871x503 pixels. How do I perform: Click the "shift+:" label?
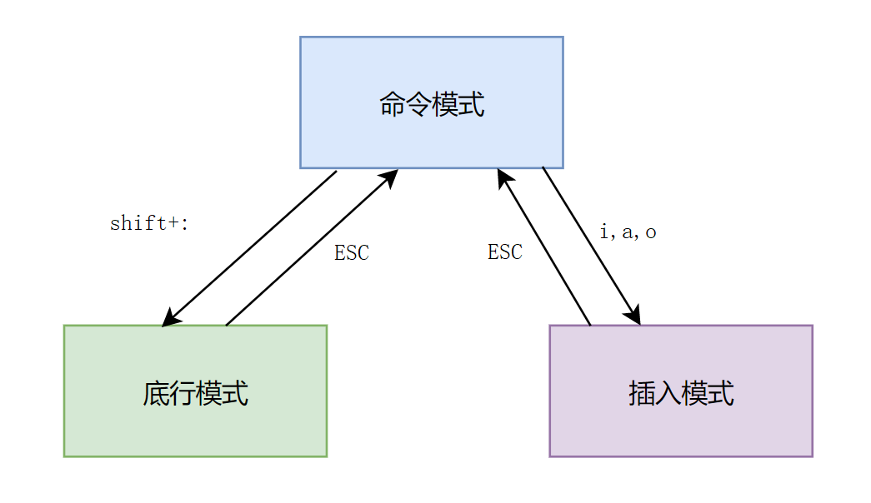coord(150,223)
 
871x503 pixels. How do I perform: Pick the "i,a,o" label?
coord(628,232)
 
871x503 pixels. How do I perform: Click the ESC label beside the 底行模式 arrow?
coord(351,253)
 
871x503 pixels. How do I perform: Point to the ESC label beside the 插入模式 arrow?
coord(505,252)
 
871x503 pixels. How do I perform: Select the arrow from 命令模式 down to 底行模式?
coord(250,248)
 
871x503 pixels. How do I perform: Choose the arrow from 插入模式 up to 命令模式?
coord(544,247)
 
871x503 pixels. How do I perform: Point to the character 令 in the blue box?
coord(418,106)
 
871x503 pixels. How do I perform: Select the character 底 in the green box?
coord(156,393)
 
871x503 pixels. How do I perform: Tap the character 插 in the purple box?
coord(641,393)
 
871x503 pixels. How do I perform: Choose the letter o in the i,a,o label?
coord(650,233)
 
